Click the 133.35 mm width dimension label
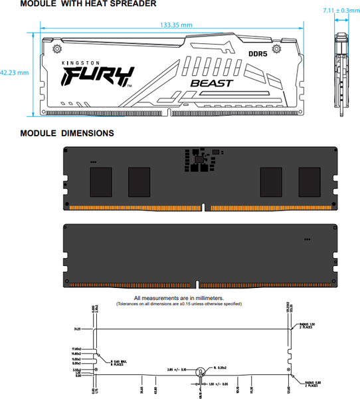point(176,25)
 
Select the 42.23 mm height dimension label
point(15,72)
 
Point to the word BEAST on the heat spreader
point(211,83)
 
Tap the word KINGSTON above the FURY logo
point(78,62)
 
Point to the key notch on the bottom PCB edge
point(197,283)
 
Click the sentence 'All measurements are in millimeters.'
point(179,298)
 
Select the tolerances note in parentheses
point(179,304)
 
